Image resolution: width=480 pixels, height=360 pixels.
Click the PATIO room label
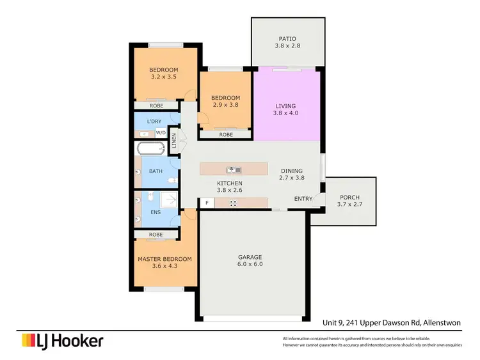point(287,38)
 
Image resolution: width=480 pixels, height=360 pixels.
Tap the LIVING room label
point(287,106)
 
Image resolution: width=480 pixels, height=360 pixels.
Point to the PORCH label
point(349,197)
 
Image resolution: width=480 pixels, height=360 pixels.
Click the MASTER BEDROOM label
point(164,259)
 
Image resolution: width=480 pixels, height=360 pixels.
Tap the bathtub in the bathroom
point(151,150)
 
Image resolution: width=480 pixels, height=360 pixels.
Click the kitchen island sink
point(234,169)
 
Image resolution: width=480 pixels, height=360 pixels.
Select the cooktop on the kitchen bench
point(234,203)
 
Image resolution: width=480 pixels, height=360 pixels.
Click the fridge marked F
point(206,203)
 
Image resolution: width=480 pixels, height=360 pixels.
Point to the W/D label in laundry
point(161,133)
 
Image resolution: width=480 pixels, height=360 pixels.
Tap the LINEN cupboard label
point(173,141)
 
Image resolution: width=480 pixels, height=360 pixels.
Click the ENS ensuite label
point(155,212)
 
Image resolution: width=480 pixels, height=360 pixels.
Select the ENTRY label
point(303,199)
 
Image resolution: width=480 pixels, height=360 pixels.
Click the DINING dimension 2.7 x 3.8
point(291,178)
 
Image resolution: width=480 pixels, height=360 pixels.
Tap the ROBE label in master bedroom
point(156,235)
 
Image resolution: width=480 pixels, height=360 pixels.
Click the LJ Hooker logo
point(62,341)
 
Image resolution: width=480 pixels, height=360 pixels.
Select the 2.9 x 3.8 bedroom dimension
point(225,105)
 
